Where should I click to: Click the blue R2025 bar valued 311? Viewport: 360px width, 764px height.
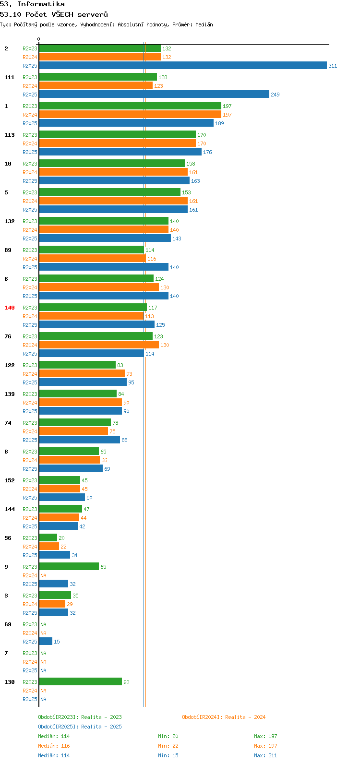pyautogui.click(x=183, y=65)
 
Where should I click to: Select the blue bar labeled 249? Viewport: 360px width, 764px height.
pyautogui.click(x=154, y=94)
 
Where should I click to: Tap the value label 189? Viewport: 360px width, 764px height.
pyautogui.click(x=219, y=123)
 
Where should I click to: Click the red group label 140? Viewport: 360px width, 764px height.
pyautogui.click(x=10, y=308)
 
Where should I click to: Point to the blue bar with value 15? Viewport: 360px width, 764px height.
pyautogui.click(x=46, y=641)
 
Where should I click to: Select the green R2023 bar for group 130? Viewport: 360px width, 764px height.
pyautogui.click(x=81, y=681)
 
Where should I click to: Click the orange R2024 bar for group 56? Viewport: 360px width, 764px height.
pyautogui.click(x=49, y=547)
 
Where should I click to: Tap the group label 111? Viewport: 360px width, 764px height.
pyautogui.click(x=10, y=77)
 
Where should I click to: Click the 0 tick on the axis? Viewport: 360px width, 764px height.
pyautogui.click(x=38, y=39)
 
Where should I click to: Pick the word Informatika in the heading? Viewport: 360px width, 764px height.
pyautogui.click(x=41, y=4)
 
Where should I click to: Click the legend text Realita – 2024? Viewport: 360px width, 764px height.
pyautogui.click(x=245, y=717)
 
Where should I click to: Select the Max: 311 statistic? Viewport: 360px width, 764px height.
pyautogui.click(x=265, y=755)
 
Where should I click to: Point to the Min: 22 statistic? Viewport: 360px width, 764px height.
pyautogui.click(x=168, y=746)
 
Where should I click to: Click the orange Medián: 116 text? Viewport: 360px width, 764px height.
pyautogui.click(x=54, y=746)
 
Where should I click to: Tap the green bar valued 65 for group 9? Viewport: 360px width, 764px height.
pyautogui.click(x=69, y=566)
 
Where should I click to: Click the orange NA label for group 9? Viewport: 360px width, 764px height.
pyautogui.click(x=43, y=575)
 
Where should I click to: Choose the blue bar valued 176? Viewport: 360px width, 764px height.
pyautogui.click(x=120, y=152)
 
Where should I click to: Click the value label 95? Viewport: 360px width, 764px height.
pyautogui.click(x=132, y=382)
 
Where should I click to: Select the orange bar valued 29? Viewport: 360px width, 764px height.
pyautogui.click(x=52, y=604)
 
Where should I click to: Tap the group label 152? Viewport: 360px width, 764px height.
pyautogui.click(x=10, y=480)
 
